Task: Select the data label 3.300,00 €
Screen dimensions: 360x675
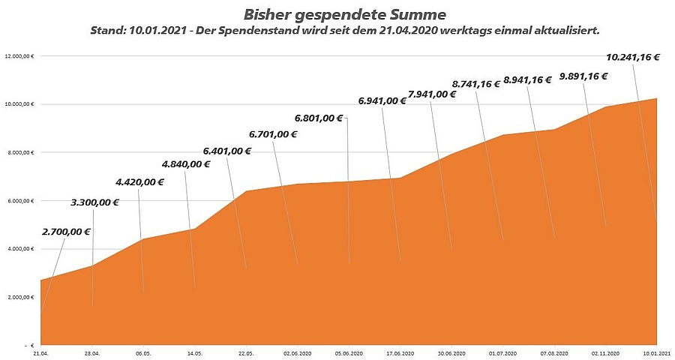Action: pos(95,202)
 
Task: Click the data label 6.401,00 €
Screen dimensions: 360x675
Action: pos(226,151)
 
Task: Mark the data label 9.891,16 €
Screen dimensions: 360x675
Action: pos(583,76)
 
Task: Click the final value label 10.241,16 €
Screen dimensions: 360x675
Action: pos(632,56)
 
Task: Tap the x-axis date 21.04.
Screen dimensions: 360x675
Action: pos(40,352)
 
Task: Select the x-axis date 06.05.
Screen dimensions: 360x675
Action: pos(143,352)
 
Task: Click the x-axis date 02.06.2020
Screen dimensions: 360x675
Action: pos(298,352)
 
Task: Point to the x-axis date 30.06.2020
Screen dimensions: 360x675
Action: pos(451,352)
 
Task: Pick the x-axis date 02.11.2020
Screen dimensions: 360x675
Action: pos(604,352)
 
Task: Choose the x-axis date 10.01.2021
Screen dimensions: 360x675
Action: pos(656,352)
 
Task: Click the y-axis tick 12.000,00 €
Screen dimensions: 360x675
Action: pos(20,56)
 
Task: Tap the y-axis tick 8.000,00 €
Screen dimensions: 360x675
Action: pos(21,152)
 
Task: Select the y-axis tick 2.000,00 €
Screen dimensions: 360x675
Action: pos(21,297)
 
